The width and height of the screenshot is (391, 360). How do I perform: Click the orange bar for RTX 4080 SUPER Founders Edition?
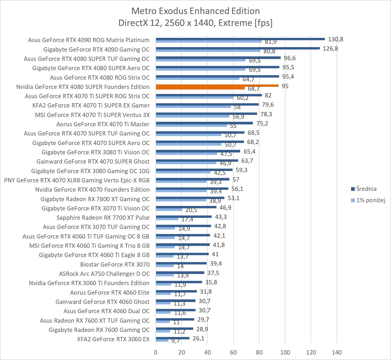pyautogui.click(x=217, y=85)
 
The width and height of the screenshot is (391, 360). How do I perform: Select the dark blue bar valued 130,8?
pyautogui.click(x=240, y=39)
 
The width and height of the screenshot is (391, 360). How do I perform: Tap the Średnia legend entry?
pyautogui.click(x=366, y=189)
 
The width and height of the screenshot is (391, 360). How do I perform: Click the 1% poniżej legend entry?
pyautogui.click(x=370, y=200)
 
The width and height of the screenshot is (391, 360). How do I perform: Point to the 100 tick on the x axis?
pyautogui.click(x=285, y=352)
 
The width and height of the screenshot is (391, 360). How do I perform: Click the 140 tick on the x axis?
pyautogui.click(x=337, y=352)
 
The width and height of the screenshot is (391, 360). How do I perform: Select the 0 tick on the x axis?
pyautogui.click(x=156, y=352)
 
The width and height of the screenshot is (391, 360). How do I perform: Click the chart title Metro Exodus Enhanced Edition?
pyautogui.click(x=195, y=11)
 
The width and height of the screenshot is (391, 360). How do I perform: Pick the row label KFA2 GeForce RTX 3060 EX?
pyautogui.click(x=113, y=339)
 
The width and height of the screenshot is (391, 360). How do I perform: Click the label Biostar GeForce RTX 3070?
pyautogui.click(x=115, y=264)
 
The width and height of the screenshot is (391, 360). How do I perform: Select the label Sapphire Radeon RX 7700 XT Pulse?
pyautogui.click(x=103, y=218)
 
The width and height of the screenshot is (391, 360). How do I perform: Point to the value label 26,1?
pyautogui.click(x=198, y=338)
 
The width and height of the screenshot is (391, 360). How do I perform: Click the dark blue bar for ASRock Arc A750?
pyautogui.click(x=180, y=273)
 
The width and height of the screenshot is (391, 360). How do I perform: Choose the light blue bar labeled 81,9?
pyautogui.click(x=208, y=41)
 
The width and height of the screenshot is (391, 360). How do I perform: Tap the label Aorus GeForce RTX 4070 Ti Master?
pyautogui.click(x=103, y=124)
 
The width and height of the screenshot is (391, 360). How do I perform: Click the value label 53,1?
pyautogui.click(x=233, y=198)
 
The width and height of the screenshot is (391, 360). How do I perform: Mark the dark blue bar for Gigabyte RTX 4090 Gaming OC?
pyautogui.click(x=238, y=48)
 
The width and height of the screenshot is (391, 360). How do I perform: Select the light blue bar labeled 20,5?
pyautogui.click(x=169, y=210)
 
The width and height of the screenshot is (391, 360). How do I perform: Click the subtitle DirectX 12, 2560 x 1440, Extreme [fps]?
pyautogui.click(x=195, y=23)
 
